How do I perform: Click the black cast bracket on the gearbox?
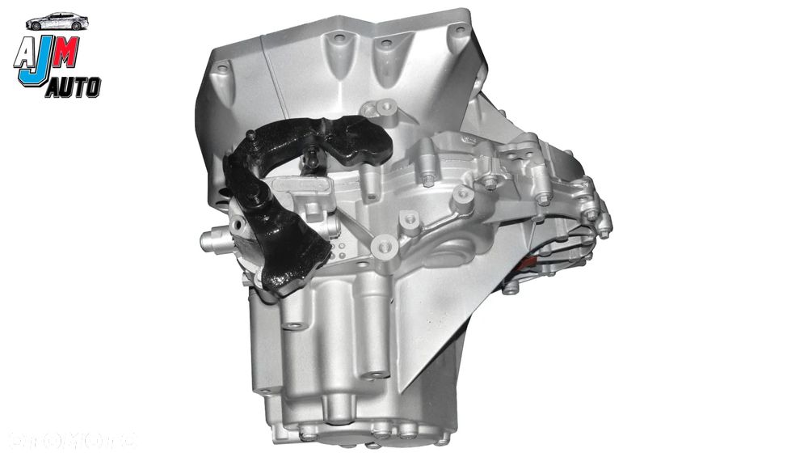pos(291,194)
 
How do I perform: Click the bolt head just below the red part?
pos(511,286)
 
